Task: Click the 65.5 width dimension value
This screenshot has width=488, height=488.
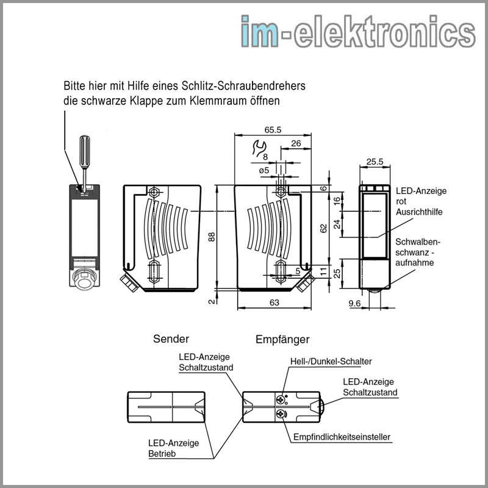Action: click(x=273, y=130)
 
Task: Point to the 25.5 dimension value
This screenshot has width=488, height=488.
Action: click(x=374, y=162)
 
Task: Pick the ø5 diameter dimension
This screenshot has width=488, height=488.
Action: click(x=264, y=170)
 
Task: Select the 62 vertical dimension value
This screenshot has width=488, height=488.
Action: click(x=324, y=228)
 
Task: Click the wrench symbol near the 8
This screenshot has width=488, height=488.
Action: click(x=259, y=148)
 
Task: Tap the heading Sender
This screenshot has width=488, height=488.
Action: click(x=171, y=339)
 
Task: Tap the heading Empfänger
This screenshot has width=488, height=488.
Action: click(x=282, y=339)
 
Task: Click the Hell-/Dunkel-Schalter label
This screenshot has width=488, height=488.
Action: click(x=331, y=362)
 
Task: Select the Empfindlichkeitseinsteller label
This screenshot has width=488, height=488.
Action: click(x=342, y=437)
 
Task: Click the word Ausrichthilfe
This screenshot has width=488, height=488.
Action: click(x=418, y=212)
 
